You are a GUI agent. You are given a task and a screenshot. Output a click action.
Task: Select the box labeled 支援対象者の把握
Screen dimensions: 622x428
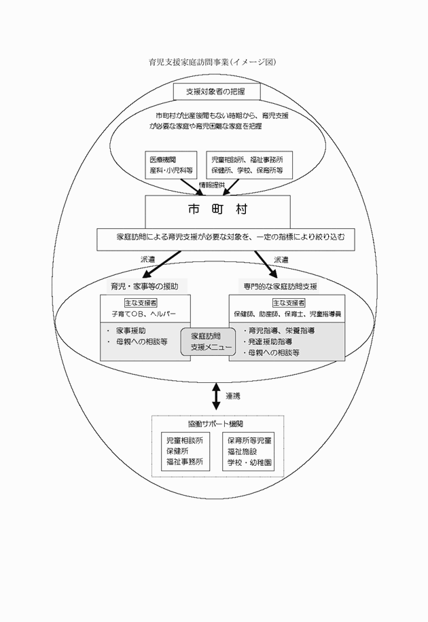pyautogui.click(x=213, y=90)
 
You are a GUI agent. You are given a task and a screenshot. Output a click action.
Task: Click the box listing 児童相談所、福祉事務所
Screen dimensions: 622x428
pyautogui.click(x=249, y=165)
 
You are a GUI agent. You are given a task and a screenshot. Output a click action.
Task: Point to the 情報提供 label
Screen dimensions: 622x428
pyautogui.click(x=212, y=185)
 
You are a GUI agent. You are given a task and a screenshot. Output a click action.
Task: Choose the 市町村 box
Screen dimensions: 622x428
pyautogui.click(x=217, y=211)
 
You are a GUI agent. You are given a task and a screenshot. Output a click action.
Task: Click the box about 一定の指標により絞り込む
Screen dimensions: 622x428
pyautogui.click(x=226, y=238)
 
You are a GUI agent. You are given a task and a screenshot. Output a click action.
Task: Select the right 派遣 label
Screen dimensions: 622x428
pyautogui.click(x=281, y=259)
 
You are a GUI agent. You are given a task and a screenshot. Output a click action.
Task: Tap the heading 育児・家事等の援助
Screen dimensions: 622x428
pyautogui.click(x=145, y=285)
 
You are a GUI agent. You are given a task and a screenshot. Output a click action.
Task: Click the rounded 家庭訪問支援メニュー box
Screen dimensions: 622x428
pyautogui.click(x=207, y=342)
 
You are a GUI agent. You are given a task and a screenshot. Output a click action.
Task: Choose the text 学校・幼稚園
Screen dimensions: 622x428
pyautogui.click(x=249, y=462)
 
